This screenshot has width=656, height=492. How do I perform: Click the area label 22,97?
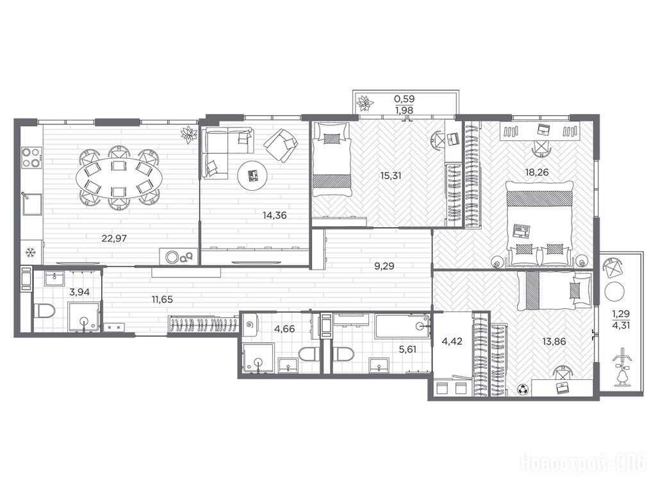(x=114, y=239)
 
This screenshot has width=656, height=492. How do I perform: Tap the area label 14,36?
(x=274, y=216)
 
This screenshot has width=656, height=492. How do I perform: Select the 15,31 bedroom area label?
(x=391, y=176)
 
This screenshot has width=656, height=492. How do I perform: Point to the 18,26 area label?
(x=537, y=172)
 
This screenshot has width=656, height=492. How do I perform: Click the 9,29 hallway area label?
(x=384, y=266)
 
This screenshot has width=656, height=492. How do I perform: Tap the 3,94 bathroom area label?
(x=79, y=292)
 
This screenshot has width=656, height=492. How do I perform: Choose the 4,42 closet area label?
(x=452, y=341)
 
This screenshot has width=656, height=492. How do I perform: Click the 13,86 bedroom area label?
(x=554, y=342)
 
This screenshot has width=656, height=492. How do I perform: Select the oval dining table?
(x=119, y=178)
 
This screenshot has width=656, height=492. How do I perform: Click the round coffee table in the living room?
(x=252, y=176)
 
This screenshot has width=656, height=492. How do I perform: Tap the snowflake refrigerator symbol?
(x=30, y=252)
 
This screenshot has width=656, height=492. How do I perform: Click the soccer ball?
(x=523, y=390)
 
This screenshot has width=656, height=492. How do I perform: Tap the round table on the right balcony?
(x=614, y=291)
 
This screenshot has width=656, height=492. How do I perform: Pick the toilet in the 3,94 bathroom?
(x=45, y=311)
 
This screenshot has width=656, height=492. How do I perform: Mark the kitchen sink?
(x=32, y=204)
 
